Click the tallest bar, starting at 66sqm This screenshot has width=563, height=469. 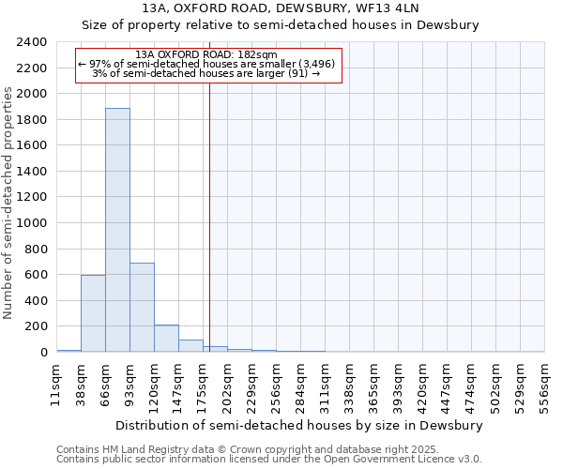[x=117, y=230]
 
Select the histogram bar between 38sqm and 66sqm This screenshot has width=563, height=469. [x=93, y=313]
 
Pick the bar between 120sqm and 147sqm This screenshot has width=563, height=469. [x=166, y=339]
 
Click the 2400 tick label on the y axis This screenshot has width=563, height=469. [x=32, y=42]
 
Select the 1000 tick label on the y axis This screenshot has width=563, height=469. [x=32, y=223]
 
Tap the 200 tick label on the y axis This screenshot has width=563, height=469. [x=36, y=326]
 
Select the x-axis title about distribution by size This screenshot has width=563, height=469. [x=300, y=425]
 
